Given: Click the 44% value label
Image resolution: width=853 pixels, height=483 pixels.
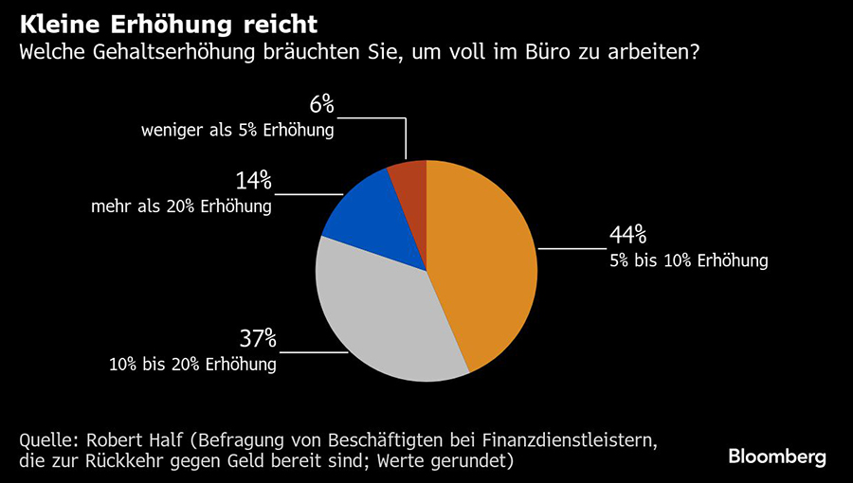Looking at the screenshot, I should pyautogui.click(x=627, y=234).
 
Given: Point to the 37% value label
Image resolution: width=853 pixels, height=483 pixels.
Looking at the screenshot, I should pyautogui.click(x=257, y=337).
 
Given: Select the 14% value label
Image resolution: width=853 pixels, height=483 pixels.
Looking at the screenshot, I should pyautogui.click(x=253, y=180).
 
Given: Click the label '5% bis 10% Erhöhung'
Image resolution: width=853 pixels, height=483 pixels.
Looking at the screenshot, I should pyautogui.click(x=688, y=260).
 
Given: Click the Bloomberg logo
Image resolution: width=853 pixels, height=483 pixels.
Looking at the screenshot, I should pyautogui.click(x=777, y=456).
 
